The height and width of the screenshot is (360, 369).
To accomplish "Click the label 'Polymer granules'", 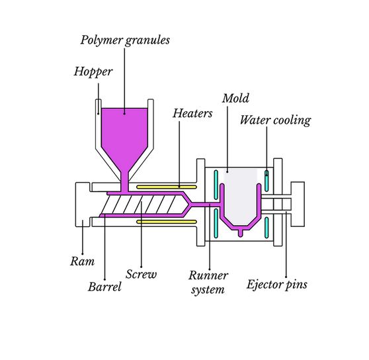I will pos(125,40).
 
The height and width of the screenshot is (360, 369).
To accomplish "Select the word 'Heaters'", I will pos(192,113).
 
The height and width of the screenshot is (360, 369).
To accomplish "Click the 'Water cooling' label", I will pos(274,120).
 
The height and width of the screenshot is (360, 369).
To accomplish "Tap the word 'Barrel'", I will pos(104,287).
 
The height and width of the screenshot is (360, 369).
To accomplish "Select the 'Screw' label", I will pos(141,273).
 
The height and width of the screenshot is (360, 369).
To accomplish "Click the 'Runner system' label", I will pos(208,281).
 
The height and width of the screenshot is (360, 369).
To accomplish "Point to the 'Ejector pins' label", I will pos(276,285).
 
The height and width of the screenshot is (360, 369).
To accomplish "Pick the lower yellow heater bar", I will pos(158,222).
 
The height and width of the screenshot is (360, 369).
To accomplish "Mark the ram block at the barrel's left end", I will pos(83,204).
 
